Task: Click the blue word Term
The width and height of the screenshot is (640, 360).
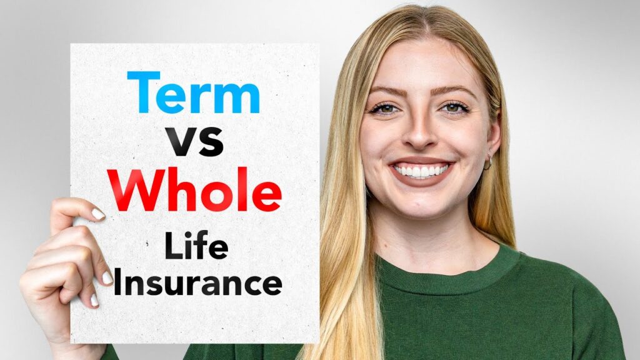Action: [x=194, y=92]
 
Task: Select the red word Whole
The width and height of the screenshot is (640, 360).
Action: [x=194, y=189]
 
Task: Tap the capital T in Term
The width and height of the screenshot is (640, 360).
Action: [x=143, y=92]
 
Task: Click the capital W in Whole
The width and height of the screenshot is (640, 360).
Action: [x=136, y=189]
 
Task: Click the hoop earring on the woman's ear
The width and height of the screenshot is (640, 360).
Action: [x=488, y=163]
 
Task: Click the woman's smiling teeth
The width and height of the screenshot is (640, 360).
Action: [x=421, y=170]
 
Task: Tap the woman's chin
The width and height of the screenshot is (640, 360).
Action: [x=421, y=204]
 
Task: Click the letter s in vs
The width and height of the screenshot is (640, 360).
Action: [x=211, y=142]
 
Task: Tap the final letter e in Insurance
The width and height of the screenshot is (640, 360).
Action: [x=272, y=285]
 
